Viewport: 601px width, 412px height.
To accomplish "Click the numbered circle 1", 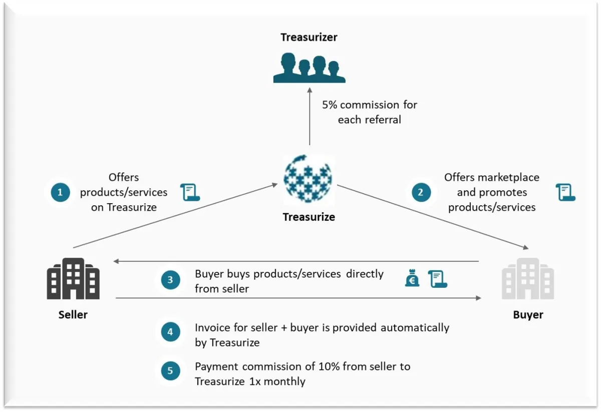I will tap(60, 192).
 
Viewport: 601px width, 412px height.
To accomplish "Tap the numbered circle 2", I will tap(421, 192).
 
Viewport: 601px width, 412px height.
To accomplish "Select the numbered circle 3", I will tap(170, 280).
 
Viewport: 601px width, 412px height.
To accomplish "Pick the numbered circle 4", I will tap(170, 331).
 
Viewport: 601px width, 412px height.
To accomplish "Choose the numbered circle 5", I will tap(170, 371).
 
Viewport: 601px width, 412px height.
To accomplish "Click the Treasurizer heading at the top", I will tap(309, 38).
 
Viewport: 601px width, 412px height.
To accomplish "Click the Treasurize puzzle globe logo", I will tap(309, 179).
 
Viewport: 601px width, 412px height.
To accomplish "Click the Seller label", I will tap(73, 315).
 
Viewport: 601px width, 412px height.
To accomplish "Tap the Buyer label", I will tap(528, 315).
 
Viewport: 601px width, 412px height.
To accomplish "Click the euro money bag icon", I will tap(412, 279).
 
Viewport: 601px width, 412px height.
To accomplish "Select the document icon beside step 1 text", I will tap(190, 192).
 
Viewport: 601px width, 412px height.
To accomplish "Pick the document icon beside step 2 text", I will tap(565, 192).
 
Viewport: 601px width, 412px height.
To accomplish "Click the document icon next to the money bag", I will tap(437, 279).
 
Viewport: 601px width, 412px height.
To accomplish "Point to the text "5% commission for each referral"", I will tap(370, 113).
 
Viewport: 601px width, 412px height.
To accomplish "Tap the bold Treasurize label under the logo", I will tap(309, 217).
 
